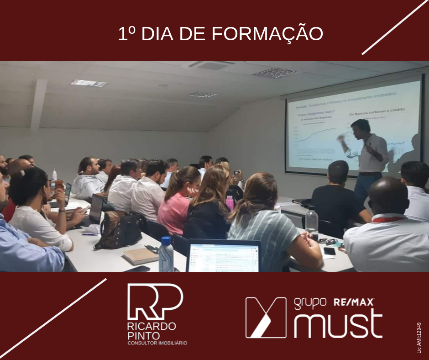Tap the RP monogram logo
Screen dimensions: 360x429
[155, 301]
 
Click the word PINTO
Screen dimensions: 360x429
[141, 335]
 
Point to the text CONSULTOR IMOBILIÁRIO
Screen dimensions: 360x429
[157, 343]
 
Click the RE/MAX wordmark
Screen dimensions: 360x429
[354, 302]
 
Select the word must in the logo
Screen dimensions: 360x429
[338, 323]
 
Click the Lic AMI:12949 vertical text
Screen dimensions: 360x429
[419, 338]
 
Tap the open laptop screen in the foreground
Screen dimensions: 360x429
[223, 256]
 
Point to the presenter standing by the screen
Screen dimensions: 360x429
[368, 153]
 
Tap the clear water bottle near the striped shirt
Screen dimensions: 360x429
[312, 222]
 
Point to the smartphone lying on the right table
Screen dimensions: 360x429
[329, 251]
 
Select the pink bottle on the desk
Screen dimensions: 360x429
[230, 202]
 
